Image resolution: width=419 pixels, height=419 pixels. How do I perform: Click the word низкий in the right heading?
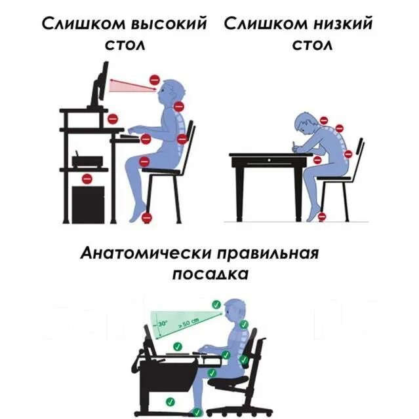[x=340, y=25]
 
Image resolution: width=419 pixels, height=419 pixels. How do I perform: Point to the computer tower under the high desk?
[x=87, y=203]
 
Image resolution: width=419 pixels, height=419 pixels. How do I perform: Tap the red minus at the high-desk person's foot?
[x=147, y=217]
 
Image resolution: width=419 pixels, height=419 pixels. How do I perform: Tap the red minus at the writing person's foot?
[x=321, y=215]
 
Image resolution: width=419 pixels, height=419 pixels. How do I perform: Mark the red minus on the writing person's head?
[x=323, y=120]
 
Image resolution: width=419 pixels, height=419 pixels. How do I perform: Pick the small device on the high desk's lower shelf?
[x=87, y=159]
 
